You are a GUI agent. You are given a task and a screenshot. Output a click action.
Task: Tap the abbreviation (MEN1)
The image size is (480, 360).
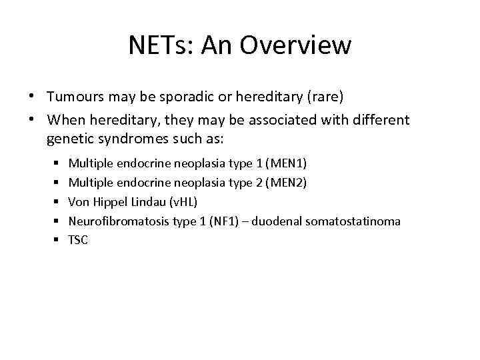coord(286,163)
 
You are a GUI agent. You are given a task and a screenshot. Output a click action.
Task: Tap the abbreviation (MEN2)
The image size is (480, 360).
coord(286,182)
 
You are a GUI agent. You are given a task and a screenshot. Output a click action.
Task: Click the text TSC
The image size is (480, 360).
coord(78,240)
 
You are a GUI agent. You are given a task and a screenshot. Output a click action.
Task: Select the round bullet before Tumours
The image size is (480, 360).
coord(32,97)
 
